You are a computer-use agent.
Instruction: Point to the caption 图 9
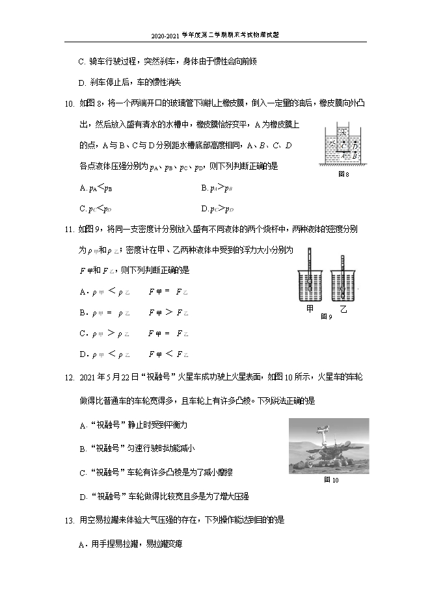326,317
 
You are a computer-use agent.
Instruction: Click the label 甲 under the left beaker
310,310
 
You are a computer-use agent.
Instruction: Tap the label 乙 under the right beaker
343,310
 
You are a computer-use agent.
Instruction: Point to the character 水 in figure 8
331,142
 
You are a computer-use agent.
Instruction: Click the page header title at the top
215,36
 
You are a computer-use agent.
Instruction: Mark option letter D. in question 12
83,497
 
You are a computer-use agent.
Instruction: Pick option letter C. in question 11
83,334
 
